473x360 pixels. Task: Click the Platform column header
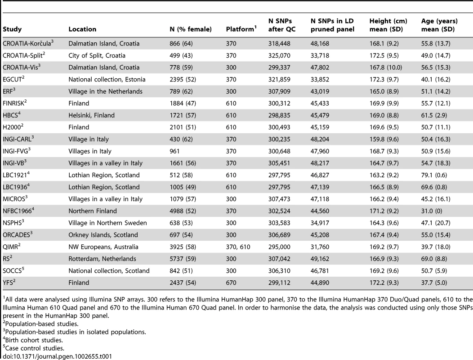(x=241, y=29)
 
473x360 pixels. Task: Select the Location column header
(x=82, y=29)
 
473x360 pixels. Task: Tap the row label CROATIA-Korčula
(x=28, y=43)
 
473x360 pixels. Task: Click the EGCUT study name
(x=13, y=79)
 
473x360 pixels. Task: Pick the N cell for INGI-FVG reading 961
(x=174, y=151)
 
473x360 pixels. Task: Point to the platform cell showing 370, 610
(x=238, y=247)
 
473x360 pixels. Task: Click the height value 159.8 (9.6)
(x=384, y=139)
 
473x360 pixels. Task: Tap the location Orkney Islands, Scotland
(x=103, y=235)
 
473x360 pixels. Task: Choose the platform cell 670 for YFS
(x=231, y=283)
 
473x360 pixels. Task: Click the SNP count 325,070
(x=279, y=55)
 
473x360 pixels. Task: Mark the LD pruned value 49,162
(x=321, y=259)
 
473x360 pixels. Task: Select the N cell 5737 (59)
(x=183, y=259)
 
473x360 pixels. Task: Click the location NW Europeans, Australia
(x=103, y=247)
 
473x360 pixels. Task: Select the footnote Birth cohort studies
(x=33, y=340)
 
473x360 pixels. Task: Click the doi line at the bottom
(x=57, y=356)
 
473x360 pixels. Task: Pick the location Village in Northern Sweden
(x=108, y=223)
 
